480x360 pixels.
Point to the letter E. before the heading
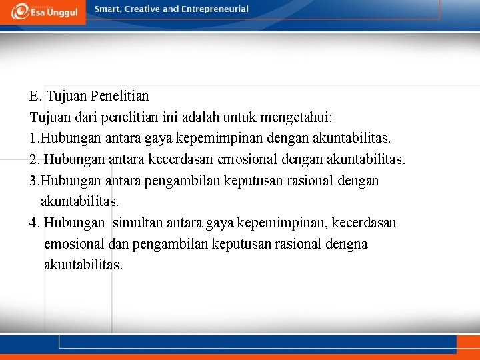(x=35, y=97)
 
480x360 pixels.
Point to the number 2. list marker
(x=35, y=160)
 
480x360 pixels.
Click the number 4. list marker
(x=35, y=223)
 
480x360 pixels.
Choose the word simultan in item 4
(x=136, y=223)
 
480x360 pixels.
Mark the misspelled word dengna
(x=347, y=244)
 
